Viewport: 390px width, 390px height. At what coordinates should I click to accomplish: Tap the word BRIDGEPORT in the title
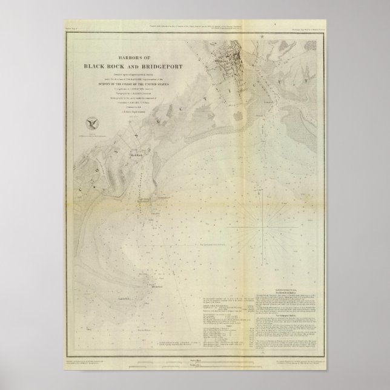pyautogui.click(x=159, y=67)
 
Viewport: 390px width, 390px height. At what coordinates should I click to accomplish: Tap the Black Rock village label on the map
pyautogui.click(x=134, y=156)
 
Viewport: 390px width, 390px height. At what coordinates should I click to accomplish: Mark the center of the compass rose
pyautogui.click(x=262, y=226)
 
